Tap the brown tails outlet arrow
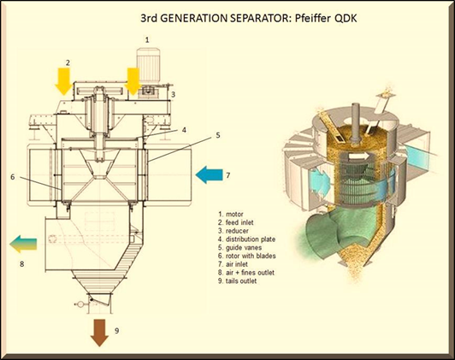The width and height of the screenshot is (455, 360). click(99, 333)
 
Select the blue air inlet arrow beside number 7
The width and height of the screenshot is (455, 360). click(209, 175)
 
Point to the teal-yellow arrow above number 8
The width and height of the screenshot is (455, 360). click(23, 244)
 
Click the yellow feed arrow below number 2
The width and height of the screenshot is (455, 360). click(64, 81)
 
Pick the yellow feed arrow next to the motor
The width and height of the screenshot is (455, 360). click(133, 81)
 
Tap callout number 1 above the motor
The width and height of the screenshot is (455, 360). click(147, 39)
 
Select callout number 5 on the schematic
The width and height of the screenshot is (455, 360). click(218, 135)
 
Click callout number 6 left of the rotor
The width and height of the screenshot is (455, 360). click(13, 176)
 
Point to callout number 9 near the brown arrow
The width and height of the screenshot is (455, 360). click(116, 330)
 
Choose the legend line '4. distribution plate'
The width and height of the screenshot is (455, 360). click(246, 239)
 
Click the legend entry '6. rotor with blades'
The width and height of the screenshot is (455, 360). click(247, 256)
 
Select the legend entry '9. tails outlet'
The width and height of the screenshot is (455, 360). click(238, 280)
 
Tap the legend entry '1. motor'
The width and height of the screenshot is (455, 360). click(231, 215)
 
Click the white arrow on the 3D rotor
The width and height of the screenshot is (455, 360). click(359, 156)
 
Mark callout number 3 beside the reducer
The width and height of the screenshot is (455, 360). click(174, 94)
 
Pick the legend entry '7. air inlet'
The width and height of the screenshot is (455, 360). click(233, 264)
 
